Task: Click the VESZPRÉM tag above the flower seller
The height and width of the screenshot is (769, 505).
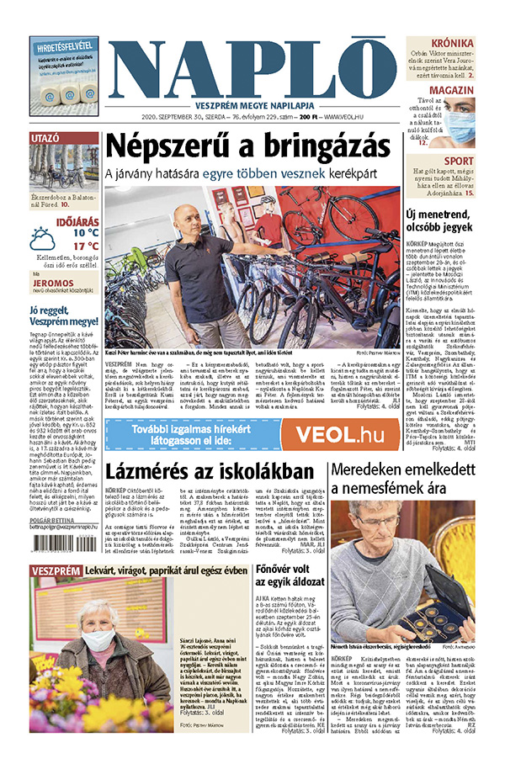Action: coord(55,572)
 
